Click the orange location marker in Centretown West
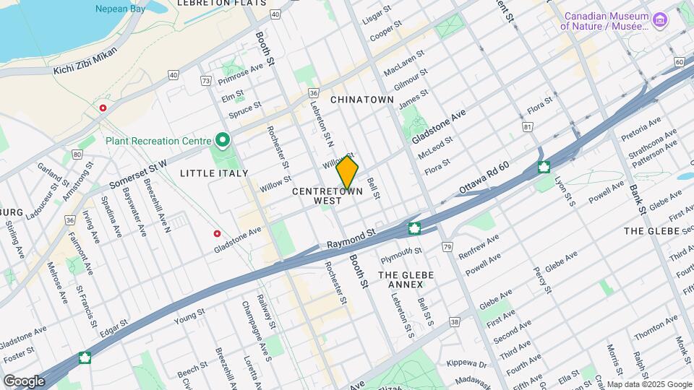click(347, 173)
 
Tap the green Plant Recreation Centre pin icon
click(223, 140)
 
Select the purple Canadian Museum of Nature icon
click(659, 20)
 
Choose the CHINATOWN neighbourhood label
click(361, 100)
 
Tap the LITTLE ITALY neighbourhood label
click(214, 173)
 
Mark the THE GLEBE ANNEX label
click(406, 279)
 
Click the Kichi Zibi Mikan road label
click(86, 71)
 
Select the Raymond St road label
click(352, 237)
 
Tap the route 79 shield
click(447, 248)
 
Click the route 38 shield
click(454, 322)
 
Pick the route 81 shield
click(528, 127)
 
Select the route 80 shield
click(77, 153)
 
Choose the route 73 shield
click(207, 81)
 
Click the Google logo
click(23, 381)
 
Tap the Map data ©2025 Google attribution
click(648, 384)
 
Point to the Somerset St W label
click(138, 175)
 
